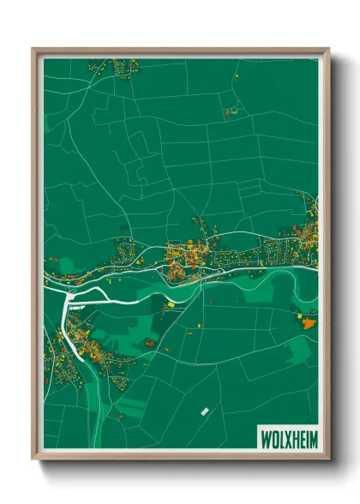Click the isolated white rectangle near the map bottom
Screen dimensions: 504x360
(205, 411)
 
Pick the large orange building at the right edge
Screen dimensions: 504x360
(309, 322)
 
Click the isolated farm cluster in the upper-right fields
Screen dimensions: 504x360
(229, 112)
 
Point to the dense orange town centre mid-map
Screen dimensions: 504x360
(182, 257)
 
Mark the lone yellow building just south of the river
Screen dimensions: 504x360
(171, 303)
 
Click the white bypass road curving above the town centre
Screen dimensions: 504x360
(214, 237)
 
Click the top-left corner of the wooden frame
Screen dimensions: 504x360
(33, 48)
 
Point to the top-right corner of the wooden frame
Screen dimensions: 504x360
(329, 48)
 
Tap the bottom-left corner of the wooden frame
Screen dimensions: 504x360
(33, 459)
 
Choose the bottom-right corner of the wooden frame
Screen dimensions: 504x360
(329, 459)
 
